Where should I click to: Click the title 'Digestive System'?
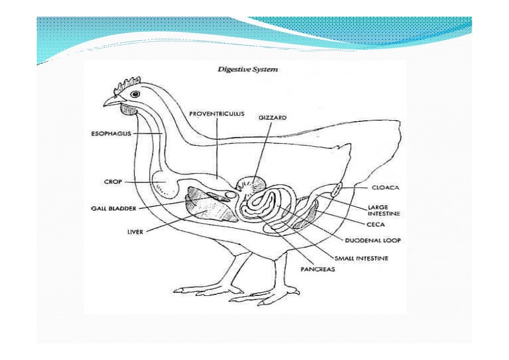tap(248, 70)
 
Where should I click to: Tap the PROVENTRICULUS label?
tap(217, 113)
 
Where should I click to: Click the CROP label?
tap(110, 182)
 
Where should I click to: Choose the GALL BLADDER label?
tap(113, 209)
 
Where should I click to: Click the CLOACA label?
tap(386, 188)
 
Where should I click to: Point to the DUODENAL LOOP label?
tap(373, 240)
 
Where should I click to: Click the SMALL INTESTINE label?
tap(361, 259)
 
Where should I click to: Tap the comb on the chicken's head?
tap(126, 84)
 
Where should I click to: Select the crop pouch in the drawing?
tap(165, 183)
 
